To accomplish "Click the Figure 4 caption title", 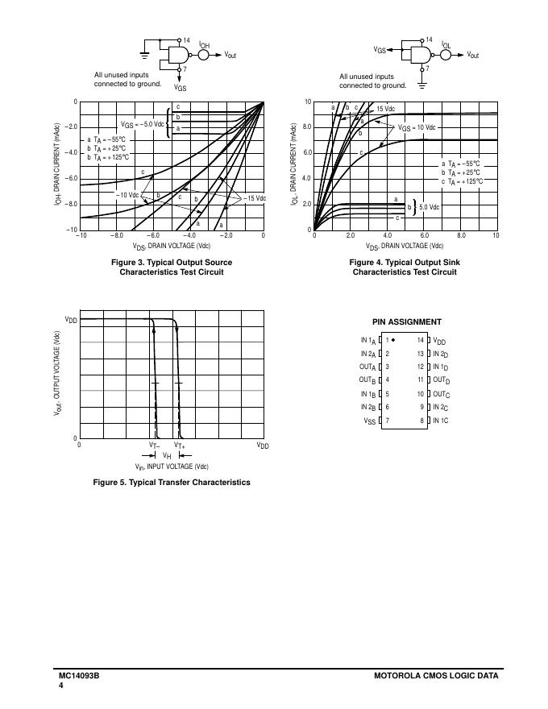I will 405,263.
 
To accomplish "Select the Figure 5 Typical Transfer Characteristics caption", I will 172,483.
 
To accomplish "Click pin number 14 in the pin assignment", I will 420,340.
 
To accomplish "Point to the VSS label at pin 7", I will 369,421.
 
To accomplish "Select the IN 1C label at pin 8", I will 441,421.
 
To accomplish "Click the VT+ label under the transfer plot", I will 179,446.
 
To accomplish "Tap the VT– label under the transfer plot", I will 155,446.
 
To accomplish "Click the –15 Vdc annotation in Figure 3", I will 255,197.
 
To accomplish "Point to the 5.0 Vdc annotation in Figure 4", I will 430,207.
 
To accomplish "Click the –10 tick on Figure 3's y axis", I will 73,230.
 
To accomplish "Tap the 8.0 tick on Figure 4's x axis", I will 460,236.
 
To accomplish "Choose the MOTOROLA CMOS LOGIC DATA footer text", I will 436,676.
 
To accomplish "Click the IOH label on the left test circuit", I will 204,47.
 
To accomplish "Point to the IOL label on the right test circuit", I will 446,45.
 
